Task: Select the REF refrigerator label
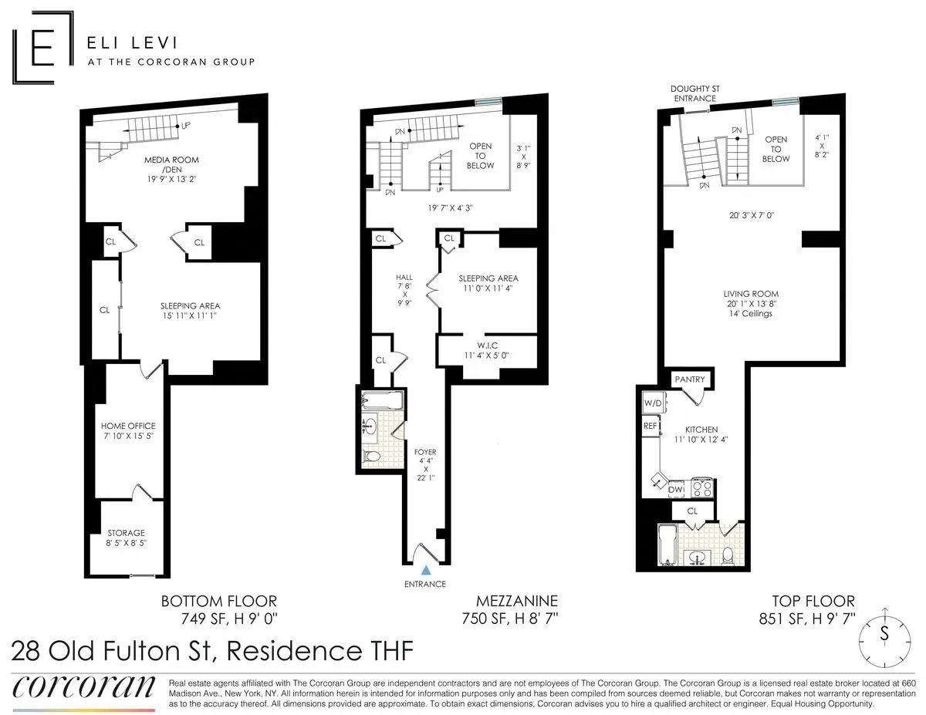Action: click(650, 425)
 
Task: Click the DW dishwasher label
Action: click(675, 488)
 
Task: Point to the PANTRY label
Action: click(689, 379)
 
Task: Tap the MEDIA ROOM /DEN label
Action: click(171, 165)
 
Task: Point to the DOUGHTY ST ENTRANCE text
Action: click(694, 93)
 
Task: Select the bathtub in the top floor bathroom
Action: click(667, 545)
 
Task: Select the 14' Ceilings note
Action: click(751, 314)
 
